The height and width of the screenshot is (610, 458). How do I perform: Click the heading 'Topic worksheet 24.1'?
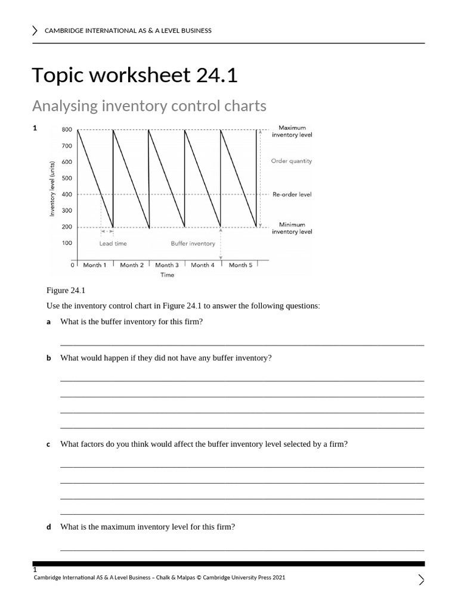[134, 75]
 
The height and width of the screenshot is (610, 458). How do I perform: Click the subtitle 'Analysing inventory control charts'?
[148, 106]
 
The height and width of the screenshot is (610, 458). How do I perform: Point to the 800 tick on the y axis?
[67, 130]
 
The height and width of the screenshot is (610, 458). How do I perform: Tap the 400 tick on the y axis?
[67, 194]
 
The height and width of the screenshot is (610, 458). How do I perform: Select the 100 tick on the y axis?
[67, 243]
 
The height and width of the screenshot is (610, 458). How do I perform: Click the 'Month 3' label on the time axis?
[167, 265]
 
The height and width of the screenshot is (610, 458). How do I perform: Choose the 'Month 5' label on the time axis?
[240, 265]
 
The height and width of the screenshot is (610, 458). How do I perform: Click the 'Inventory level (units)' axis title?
[52, 188]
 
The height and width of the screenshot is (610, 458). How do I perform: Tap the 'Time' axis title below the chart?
[167, 275]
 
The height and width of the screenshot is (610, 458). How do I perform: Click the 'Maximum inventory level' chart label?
[292, 131]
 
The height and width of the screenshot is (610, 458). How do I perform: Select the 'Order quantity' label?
[291, 161]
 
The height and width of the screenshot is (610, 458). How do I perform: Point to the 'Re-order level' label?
[292, 194]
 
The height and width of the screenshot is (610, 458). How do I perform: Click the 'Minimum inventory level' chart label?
[292, 228]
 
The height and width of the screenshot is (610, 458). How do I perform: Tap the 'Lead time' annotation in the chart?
[113, 243]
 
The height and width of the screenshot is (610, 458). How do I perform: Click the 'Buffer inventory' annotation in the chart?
[193, 243]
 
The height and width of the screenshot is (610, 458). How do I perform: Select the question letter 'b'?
[49, 358]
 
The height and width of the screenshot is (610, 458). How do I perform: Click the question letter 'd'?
[49, 527]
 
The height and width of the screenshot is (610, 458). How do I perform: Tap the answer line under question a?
[242, 344]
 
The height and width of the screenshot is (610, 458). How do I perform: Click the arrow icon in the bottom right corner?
[421, 580]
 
